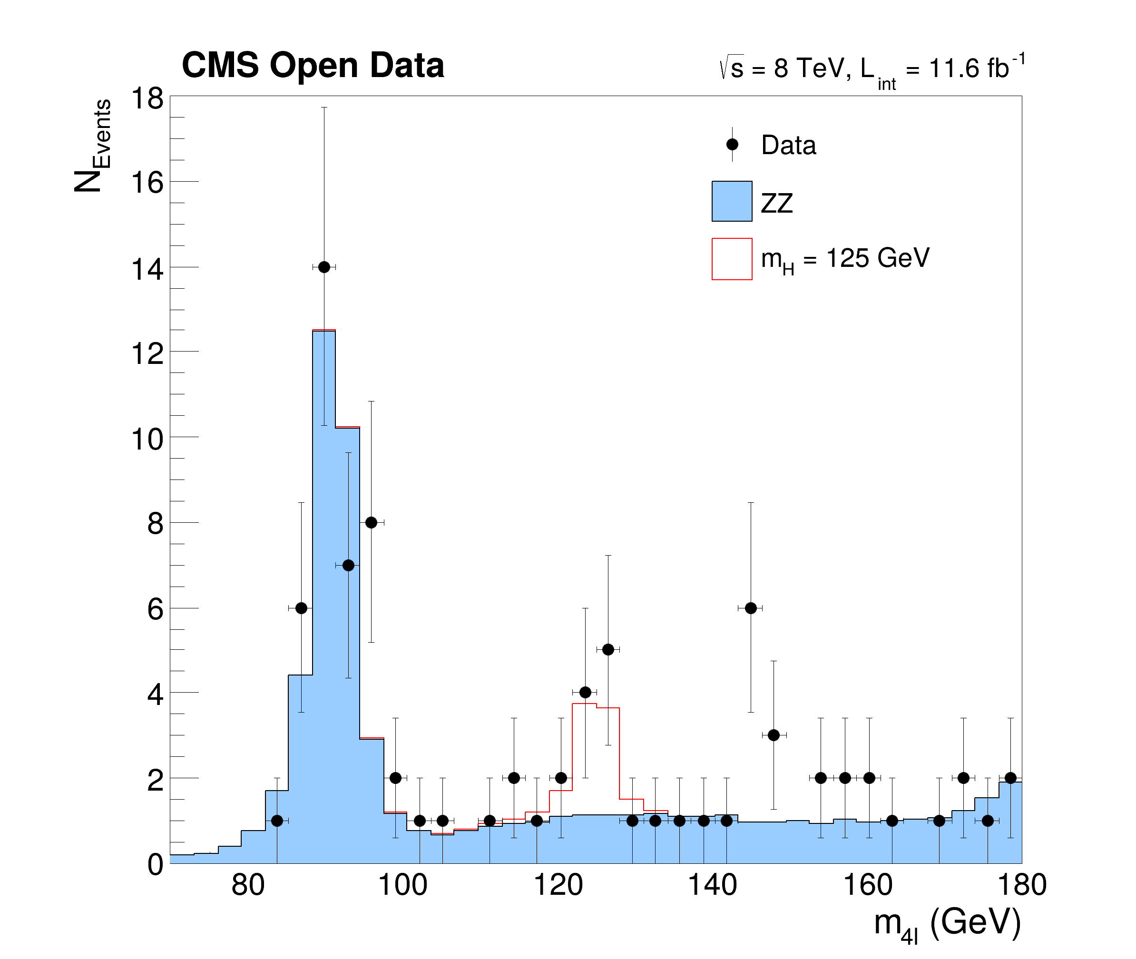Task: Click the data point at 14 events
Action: [324, 267]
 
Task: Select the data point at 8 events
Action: [371, 522]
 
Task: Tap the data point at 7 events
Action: [348, 566]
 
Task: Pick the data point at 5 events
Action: [608, 650]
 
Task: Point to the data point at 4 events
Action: [585, 692]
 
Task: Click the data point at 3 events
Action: [774, 735]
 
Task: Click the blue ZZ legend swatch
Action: [732, 201]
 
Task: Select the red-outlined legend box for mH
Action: [732, 259]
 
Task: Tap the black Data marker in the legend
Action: [732, 145]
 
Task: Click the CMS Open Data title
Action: [313, 65]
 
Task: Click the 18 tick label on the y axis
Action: [147, 99]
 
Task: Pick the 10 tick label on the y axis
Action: [147, 439]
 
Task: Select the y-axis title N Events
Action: [92, 146]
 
